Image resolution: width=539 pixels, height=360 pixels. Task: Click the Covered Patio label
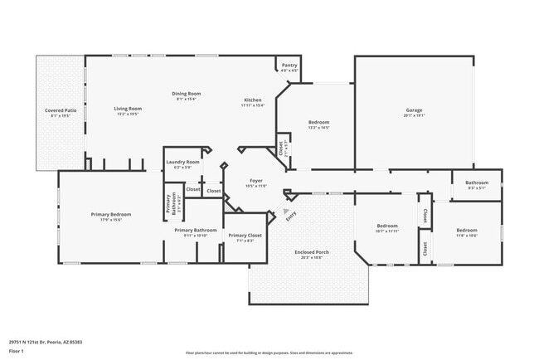point(61,110)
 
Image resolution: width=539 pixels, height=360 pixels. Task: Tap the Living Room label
point(128,109)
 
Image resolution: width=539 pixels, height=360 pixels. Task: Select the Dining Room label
point(186,94)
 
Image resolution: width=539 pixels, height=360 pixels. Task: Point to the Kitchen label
point(253,100)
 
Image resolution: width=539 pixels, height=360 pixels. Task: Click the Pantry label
point(289,65)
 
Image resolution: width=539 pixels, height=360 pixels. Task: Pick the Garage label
point(414,110)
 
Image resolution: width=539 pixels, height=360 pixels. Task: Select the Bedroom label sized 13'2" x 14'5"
point(319,122)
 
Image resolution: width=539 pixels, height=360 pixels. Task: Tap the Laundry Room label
point(182,162)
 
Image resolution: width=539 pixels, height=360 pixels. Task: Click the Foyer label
point(257,180)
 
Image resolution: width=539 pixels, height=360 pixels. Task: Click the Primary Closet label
point(245,236)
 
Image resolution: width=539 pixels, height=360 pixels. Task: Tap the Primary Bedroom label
point(111,214)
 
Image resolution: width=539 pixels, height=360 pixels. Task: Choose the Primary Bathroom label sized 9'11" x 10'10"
point(195,230)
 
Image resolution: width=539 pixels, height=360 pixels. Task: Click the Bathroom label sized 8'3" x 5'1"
point(476,182)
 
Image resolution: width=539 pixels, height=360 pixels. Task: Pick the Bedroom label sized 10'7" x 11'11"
point(388,226)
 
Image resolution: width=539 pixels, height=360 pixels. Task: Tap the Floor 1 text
point(16,351)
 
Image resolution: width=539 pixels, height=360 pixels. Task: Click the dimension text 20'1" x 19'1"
point(414,116)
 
